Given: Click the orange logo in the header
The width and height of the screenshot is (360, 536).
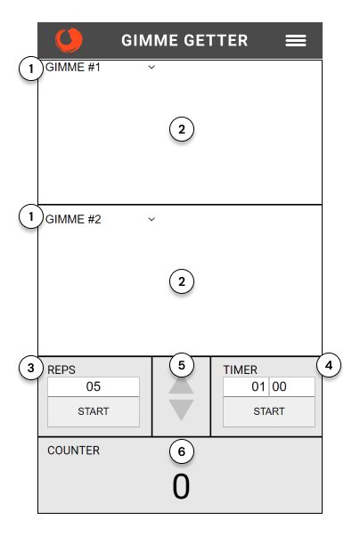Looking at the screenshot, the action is click(69, 40).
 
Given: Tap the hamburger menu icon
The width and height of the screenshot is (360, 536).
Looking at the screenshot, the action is click(296, 41).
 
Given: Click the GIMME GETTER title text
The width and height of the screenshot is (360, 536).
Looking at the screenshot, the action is click(184, 40).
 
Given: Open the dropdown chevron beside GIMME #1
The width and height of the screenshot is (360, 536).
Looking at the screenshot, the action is click(151, 67).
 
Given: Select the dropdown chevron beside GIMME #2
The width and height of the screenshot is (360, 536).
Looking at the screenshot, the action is click(151, 219).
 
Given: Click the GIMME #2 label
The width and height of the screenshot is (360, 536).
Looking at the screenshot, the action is click(73, 219).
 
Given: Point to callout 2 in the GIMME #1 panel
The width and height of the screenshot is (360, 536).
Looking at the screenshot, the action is click(182, 129).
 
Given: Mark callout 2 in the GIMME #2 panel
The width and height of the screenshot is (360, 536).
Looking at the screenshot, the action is click(182, 281).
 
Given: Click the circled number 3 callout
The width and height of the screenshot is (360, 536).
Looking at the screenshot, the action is click(31, 368).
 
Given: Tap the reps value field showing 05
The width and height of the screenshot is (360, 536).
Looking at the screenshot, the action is click(94, 386).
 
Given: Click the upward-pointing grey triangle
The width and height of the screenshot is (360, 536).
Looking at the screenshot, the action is click(181, 386).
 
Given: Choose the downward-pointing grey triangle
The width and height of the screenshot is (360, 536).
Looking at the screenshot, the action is click(181, 410).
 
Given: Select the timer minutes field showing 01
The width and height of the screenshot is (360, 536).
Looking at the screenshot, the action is click(246, 386).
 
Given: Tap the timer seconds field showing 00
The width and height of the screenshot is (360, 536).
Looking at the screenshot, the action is click(292, 386).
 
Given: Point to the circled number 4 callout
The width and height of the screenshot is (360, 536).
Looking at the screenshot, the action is click(329, 365).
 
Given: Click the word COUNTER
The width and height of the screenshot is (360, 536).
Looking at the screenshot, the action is click(74, 451).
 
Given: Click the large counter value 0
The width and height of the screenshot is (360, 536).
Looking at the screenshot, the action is click(181, 486).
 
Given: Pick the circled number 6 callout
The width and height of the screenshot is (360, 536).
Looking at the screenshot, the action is click(182, 451).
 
